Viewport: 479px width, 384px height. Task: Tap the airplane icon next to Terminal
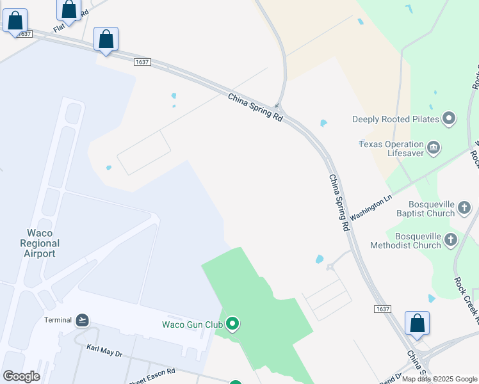82,320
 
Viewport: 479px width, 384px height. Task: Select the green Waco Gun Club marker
233,324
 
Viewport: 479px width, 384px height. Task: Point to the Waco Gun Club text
192,324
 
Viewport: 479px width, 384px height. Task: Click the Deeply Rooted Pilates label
396,119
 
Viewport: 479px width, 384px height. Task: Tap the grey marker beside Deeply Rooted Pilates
449,118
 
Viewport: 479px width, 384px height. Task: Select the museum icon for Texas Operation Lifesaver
434,148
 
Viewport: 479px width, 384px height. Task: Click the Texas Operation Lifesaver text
391,149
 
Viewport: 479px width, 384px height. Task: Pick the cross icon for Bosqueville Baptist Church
465,207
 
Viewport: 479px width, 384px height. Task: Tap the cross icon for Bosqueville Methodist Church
451,241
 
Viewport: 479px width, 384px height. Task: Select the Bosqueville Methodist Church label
418,241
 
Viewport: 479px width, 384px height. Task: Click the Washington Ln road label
371,209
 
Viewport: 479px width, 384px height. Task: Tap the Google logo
21,376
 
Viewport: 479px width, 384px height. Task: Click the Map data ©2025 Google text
440,379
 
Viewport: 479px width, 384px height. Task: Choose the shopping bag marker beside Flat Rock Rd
69,10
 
